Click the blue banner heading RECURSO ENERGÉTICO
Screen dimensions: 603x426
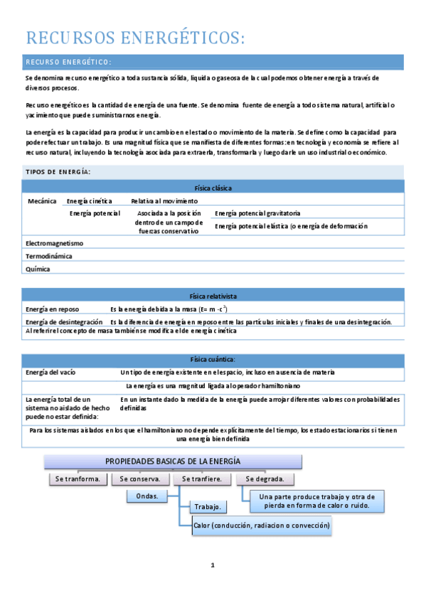pos(68,62)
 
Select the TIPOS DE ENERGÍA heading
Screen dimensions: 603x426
pos(58,172)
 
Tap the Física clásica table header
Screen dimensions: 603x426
pos(213,188)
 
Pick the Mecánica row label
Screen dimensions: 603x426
pos(42,201)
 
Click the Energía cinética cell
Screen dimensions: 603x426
pos(89,201)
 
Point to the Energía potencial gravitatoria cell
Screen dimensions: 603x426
pos(257,213)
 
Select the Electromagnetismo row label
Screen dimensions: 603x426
pos(54,243)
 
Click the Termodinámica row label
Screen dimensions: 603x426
pos(48,256)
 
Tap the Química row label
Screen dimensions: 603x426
pos(37,270)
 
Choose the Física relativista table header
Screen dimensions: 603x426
pos(213,295)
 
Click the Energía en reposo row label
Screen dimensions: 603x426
pos(52,309)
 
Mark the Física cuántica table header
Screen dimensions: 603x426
pos(213,360)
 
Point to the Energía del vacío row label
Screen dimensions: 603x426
pos(50,373)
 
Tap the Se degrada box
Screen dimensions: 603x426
pos(265,479)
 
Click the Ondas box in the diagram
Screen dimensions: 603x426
pos(146,496)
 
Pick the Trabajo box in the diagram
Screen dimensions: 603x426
pos(208,507)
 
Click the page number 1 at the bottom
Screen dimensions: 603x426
pos(212,565)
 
